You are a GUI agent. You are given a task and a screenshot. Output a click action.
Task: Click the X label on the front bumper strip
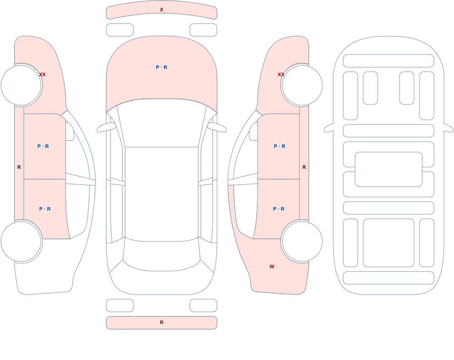pos(162,10)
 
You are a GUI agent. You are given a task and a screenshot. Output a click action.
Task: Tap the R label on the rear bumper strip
pos(162,322)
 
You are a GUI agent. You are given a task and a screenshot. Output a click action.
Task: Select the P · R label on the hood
pos(162,67)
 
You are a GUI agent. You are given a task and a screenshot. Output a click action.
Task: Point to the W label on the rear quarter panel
pos(272,266)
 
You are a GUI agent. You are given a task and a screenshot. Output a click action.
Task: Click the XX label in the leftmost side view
pos(42,74)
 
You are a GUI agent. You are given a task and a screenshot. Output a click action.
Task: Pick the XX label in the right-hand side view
pos(281,74)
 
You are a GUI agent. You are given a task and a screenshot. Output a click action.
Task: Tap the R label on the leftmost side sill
pos(19,167)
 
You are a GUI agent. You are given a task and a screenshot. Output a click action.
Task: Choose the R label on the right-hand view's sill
pos(304,167)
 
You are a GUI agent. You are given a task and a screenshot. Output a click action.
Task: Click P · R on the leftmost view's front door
pos(43,146)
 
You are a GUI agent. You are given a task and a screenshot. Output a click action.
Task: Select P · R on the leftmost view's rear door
pos(45,209)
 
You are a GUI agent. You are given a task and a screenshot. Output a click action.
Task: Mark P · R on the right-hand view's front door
pos(280,146)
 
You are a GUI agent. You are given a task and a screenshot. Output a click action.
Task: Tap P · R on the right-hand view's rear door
pos(279,209)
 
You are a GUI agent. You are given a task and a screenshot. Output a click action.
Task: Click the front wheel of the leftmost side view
pos(21,85)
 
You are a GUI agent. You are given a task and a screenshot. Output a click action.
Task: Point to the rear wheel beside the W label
pos(302,241)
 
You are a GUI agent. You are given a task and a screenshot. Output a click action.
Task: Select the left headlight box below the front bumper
pos(120,30)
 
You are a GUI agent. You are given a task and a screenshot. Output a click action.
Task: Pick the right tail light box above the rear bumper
pos(203,306)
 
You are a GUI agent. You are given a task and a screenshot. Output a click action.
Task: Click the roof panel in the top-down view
pos(162,194)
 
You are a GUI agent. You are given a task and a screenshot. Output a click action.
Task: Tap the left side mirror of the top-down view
pos(106,128)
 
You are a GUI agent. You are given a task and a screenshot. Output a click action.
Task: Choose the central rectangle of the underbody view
pos(389,169)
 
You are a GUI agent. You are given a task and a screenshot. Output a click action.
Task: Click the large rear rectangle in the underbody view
pos(389,243)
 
